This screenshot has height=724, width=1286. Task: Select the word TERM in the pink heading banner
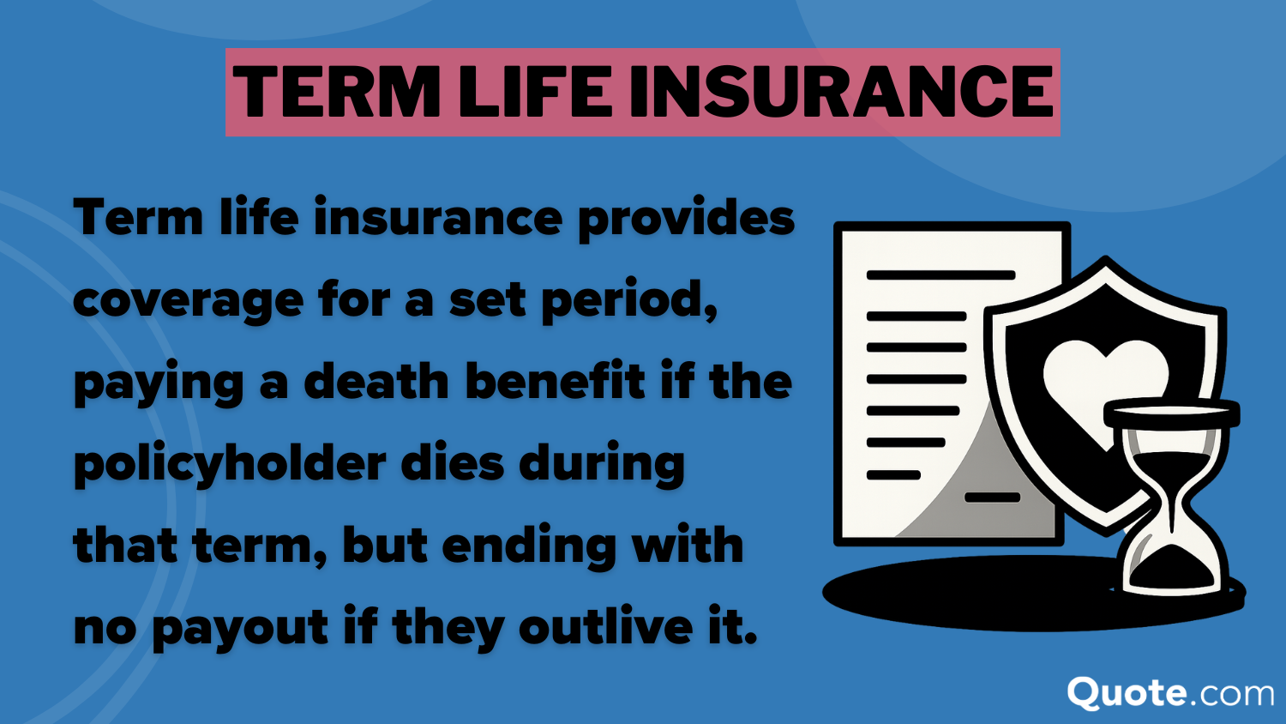336,93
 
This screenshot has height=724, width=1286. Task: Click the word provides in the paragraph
686,220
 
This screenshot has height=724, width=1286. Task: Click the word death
376,382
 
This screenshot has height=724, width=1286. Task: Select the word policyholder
230,465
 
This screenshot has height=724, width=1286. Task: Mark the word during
601,465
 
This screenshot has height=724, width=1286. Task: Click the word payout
239,628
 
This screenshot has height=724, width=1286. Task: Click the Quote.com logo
1170,693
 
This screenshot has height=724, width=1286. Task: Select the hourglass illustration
1171,498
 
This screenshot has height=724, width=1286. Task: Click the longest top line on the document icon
940,275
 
